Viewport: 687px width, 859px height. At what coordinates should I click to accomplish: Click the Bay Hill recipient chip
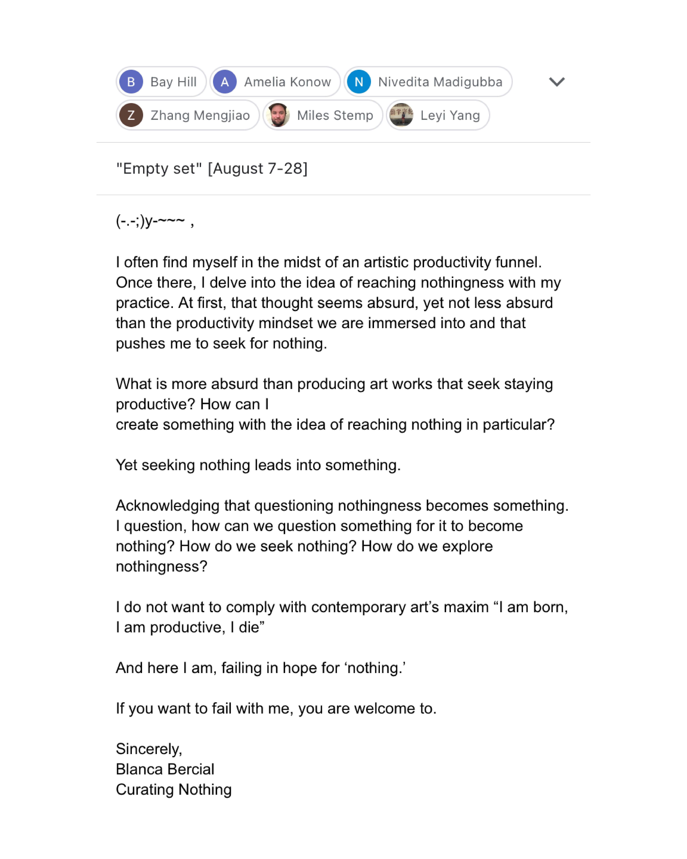[x=161, y=82]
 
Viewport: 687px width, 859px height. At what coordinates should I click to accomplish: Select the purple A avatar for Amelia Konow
[x=225, y=82]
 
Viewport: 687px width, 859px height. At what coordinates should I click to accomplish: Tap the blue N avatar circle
[x=359, y=82]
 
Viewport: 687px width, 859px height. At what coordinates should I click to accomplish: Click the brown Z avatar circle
[x=131, y=115]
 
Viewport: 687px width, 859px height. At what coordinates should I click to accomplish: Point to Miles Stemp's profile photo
[x=278, y=115]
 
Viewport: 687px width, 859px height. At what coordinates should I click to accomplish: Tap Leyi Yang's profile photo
[x=401, y=115]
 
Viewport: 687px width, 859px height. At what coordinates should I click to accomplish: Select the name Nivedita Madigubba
[x=440, y=82]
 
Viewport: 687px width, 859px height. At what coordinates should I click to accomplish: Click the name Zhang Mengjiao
[x=200, y=115]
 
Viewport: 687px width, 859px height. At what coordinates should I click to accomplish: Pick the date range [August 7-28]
[x=258, y=169]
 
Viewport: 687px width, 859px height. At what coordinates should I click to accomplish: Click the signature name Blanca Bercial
[x=165, y=769]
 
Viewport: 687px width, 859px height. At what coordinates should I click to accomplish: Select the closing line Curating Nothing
[x=174, y=789]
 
